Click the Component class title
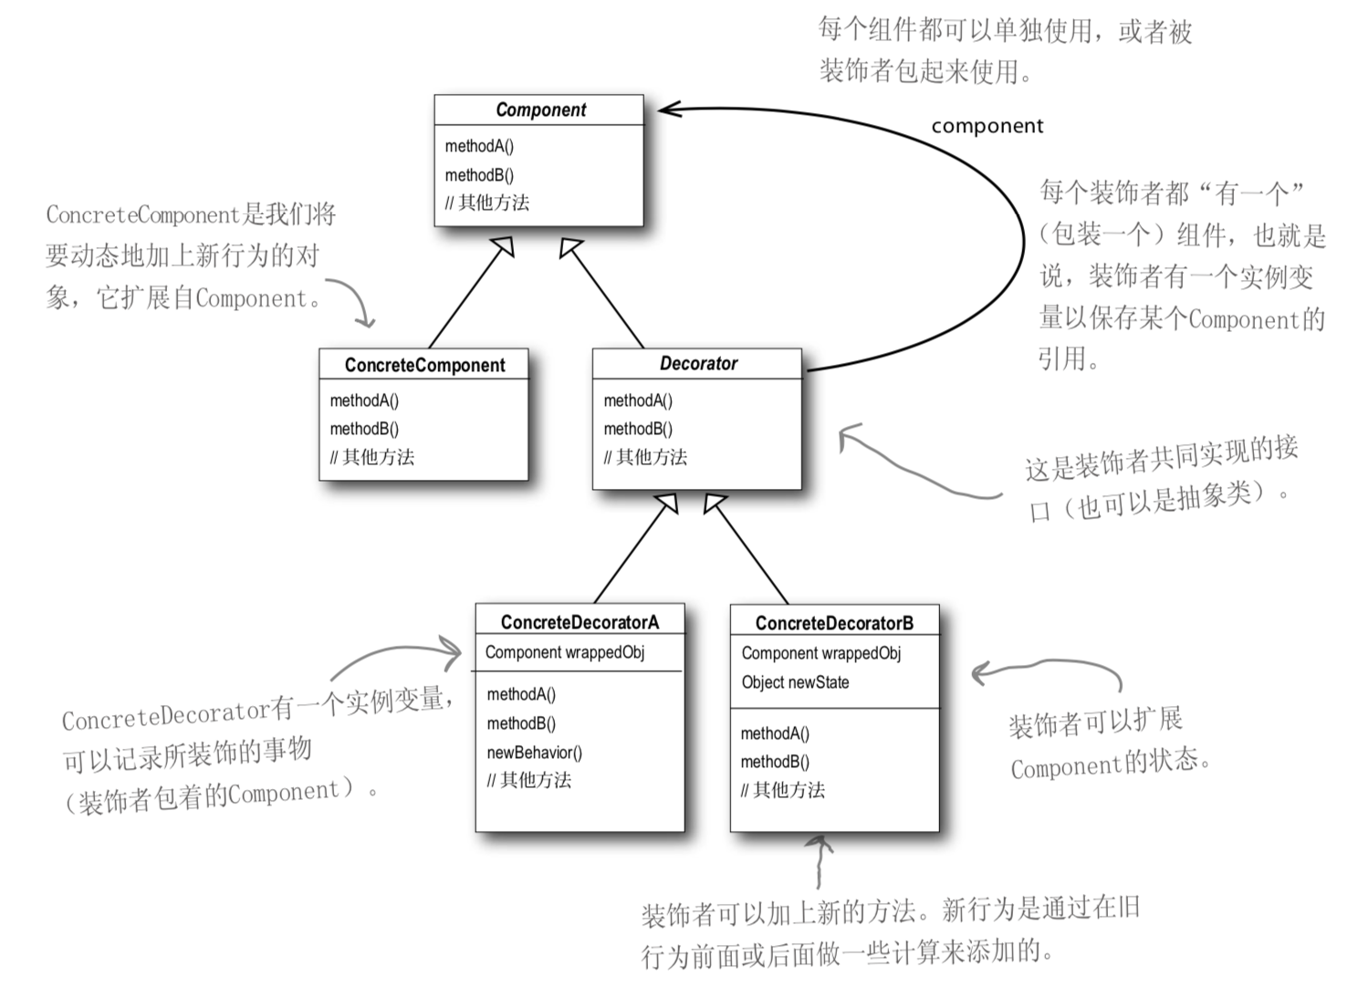tap(540, 110)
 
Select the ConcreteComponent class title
tap(424, 365)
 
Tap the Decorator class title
tap(698, 364)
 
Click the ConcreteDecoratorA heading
tap(580, 622)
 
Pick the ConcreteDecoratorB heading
tap(834, 623)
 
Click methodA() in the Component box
tap(479, 146)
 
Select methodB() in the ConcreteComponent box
tap(364, 429)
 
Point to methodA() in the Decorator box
tap(638, 400)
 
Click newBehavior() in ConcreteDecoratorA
tap(534, 753)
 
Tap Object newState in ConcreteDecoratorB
tap(795, 682)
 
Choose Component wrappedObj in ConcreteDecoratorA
tap(565, 652)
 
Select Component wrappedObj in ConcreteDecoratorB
tap(820, 653)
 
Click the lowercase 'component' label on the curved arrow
tap(987, 127)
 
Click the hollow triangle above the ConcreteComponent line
tap(502, 245)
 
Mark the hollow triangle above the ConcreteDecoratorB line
tap(715, 503)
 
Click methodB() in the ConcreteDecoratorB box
tap(775, 762)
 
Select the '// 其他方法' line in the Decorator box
tap(645, 457)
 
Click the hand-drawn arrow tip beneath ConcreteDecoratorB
tap(822, 841)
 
